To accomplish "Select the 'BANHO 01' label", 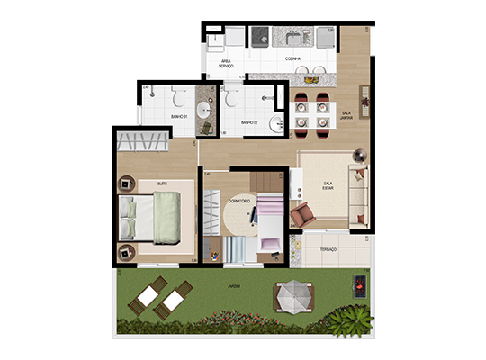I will [177, 117].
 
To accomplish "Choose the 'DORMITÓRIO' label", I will [238, 201].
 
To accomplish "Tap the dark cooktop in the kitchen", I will [262, 37].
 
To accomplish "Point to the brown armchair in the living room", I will [303, 215].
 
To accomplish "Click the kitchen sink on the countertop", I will [294, 37].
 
